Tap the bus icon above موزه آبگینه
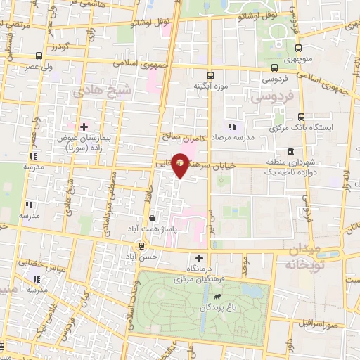[x=210, y=75]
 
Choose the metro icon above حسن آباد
[x=143, y=246]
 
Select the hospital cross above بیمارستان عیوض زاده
[x=84, y=127]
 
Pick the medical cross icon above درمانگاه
[x=200, y=258]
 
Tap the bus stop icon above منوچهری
[x=299, y=49]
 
